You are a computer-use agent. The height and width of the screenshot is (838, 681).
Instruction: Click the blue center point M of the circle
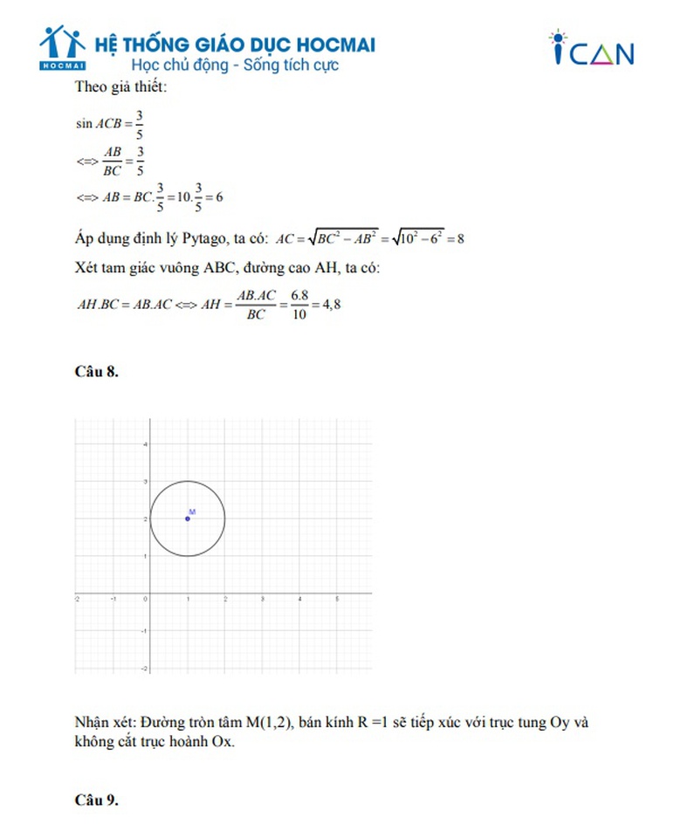click(188, 519)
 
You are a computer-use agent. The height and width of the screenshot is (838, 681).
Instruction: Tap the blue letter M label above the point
click(191, 511)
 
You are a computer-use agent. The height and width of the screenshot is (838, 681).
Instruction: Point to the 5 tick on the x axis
click(337, 599)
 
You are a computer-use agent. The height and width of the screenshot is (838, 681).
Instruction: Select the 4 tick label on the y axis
click(145, 444)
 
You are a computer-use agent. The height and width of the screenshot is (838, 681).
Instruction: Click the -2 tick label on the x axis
click(78, 599)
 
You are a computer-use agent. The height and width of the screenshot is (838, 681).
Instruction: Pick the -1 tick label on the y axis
click(144, 630)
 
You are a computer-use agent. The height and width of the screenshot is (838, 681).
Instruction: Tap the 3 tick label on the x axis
click(263, 599)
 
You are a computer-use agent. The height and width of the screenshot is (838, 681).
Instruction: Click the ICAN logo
click(591, 50)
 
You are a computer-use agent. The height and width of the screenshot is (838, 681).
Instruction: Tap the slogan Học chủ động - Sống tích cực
click(234, 65)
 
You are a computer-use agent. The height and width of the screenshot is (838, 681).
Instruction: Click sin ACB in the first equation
click(102, 123)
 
